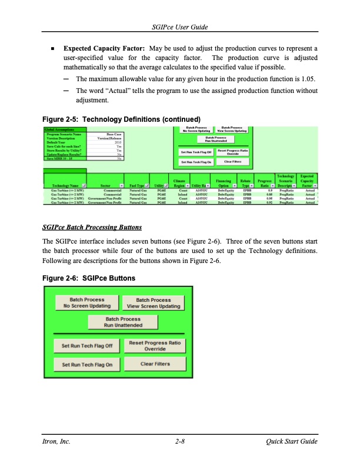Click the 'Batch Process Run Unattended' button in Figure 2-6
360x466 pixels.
123,322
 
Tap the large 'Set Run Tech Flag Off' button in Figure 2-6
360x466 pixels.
86,345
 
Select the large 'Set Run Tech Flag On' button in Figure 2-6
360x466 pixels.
86,365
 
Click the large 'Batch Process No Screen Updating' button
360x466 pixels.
86,302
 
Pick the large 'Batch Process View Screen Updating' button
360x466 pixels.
154,302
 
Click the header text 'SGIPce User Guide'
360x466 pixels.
179,28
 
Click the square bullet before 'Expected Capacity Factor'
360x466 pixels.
53,48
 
